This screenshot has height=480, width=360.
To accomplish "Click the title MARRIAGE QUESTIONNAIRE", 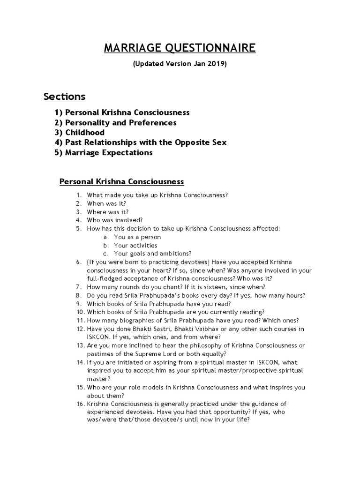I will pos(180,48).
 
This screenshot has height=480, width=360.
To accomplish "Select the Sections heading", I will pos(65,97).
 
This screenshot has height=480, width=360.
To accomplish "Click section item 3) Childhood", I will pos(79,133).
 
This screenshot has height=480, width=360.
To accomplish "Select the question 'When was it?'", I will pos(106,203).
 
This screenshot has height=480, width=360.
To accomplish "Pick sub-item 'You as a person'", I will pos(137,237).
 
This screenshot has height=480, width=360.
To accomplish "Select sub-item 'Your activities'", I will pos(135,245).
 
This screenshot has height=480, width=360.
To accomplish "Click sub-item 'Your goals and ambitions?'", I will pos(152,254).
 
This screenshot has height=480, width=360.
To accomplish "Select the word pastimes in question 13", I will pos(99,353).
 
